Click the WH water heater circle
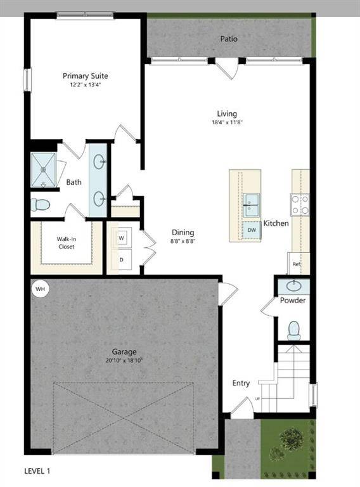click(41, 289)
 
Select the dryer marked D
click(120, 259)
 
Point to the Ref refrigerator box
click(297, 263)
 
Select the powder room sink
click(293, 286)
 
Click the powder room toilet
click(293, 329)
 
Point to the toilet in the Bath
click(41, 205)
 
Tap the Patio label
click(229, 39)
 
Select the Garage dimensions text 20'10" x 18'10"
click(124, 360)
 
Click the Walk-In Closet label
click(67, 242)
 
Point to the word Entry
click(241, 383)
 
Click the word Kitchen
click(276, 223)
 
